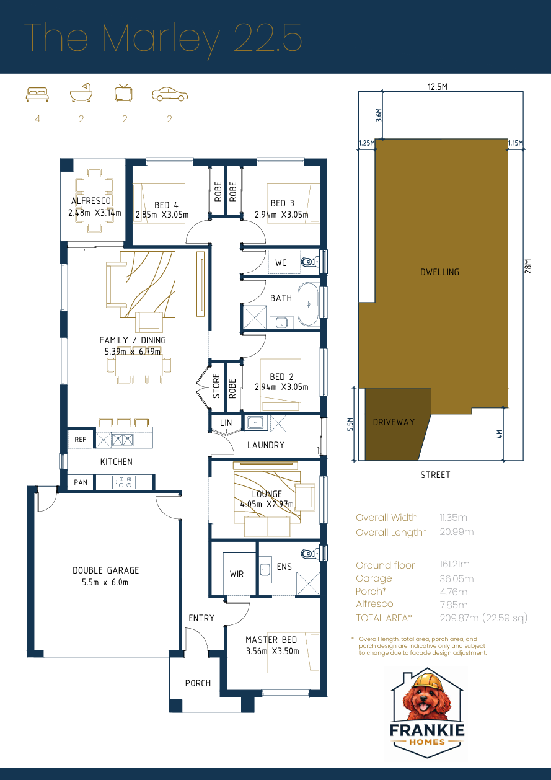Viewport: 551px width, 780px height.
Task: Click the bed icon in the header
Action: tap(37, 94)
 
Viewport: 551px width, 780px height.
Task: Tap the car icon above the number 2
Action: tap(170, 94)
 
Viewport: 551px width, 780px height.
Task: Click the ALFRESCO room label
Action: tap(91, 201)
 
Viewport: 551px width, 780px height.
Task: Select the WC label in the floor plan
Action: tap(281, 263)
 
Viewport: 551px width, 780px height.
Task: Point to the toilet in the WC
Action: tap(309, 262)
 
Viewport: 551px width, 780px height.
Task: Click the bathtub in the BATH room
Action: tap(308, 304)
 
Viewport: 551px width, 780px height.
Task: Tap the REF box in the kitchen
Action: tap(80, 439)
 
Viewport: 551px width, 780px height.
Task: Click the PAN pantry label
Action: tap(81, 482)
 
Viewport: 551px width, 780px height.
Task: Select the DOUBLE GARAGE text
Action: tap(105, 570)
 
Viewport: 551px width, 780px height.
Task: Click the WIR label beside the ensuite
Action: tap(237, 574)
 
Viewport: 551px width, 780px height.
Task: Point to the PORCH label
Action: tap(198, 683)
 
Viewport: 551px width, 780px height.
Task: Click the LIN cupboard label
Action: tap(225, 423)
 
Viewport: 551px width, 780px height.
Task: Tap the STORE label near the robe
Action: tap(216, 386)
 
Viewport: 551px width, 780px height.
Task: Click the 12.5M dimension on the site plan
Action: tap(438, 87)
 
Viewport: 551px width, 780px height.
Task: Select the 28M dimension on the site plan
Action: tap(528, 266)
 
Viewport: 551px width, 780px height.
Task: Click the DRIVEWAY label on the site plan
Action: tap(394, 422)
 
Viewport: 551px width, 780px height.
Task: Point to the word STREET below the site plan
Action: tap(435, 475)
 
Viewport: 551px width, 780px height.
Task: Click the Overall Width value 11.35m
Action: tap(453, 517)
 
